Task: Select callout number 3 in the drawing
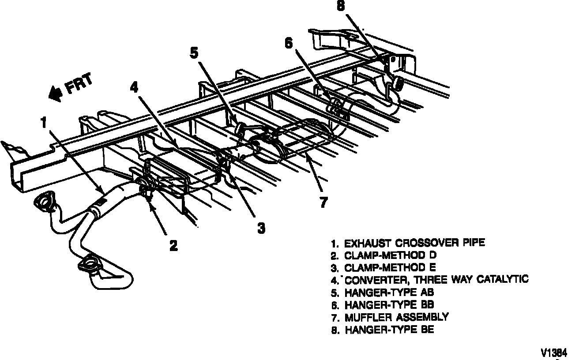click(261, 228)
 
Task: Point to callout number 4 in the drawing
click(134, 86)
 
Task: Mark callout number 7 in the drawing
click(323, 202)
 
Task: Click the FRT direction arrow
click(56, 92)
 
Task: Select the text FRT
click(79, 84)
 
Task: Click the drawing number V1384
click(554, 352)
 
